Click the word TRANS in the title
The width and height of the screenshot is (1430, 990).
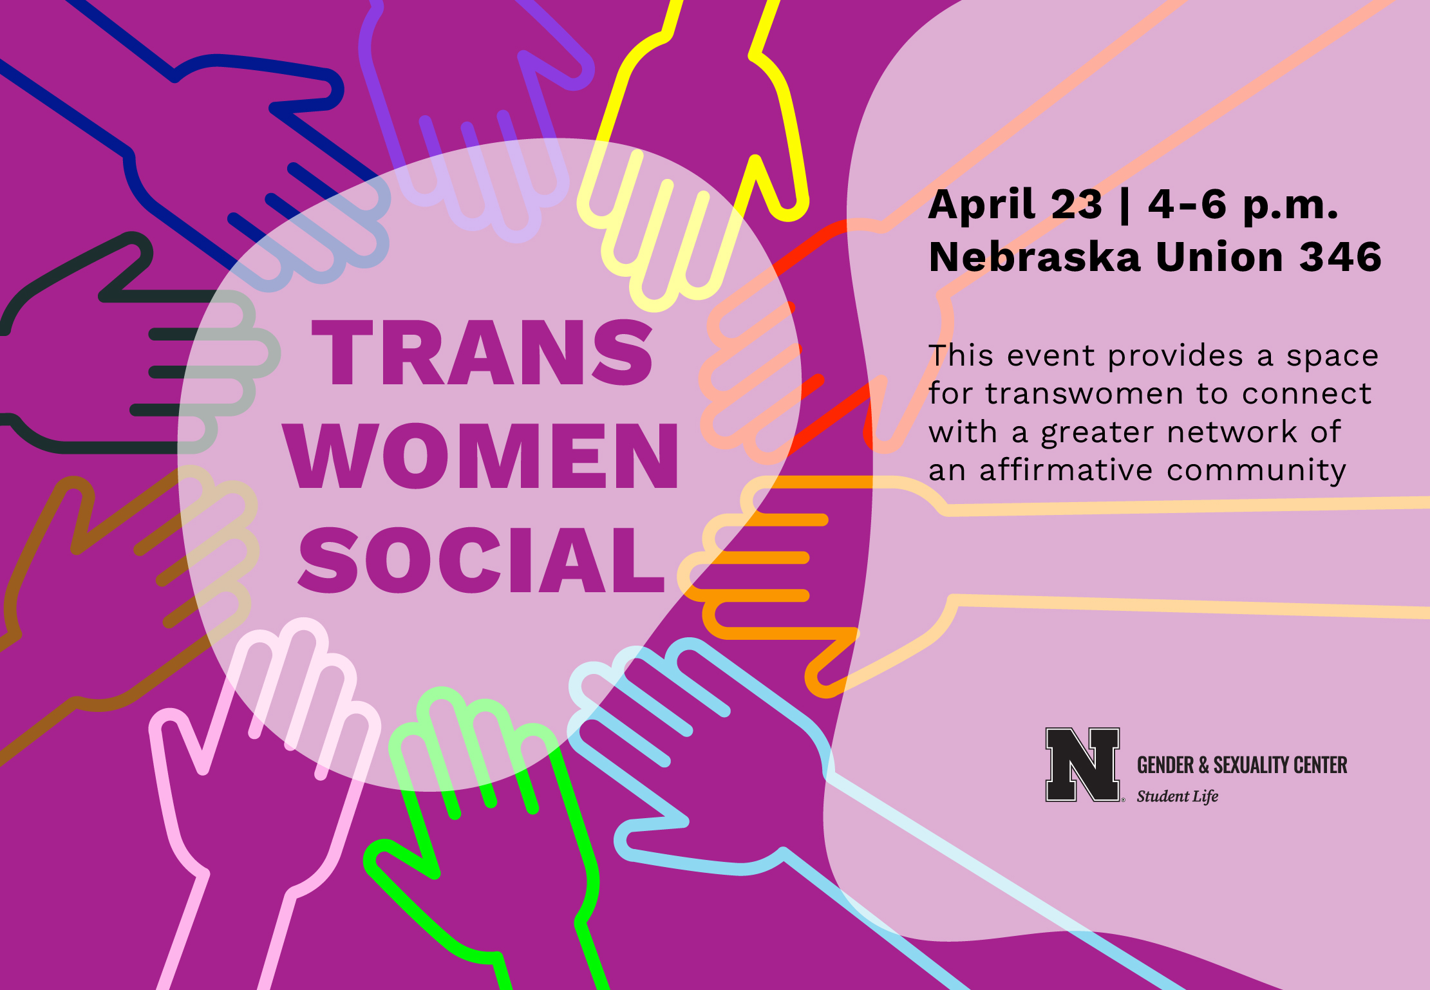coord(482,352)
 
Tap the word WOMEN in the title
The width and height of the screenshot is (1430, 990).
coord(480,456)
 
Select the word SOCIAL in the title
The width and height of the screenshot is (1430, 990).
coord(482,559)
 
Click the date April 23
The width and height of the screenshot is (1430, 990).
coord(1015,205)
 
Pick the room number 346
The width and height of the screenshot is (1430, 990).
coord(1341,257)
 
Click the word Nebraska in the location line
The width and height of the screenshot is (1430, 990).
coord(1035,256)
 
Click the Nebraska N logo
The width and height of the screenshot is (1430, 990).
coord(1082,765)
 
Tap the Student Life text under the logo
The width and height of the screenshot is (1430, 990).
coord(1177,796)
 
